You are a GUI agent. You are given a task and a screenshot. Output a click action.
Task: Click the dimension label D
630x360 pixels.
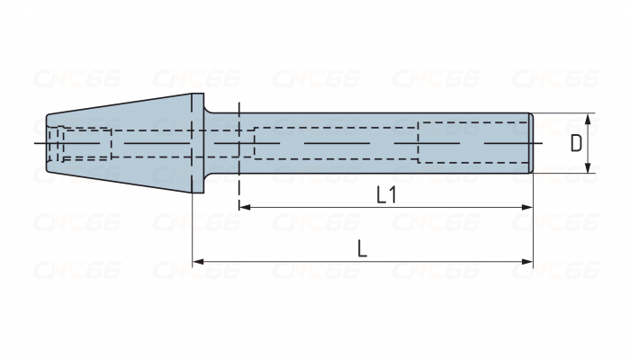[577, 143]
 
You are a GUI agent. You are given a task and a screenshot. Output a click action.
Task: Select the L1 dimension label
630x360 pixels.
[385, 195]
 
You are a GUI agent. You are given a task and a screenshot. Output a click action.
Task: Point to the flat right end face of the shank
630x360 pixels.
[533, 142]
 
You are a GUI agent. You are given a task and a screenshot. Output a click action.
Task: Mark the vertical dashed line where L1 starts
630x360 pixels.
[238, 180]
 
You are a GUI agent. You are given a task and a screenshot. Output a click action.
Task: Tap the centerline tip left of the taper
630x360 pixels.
[36, 143]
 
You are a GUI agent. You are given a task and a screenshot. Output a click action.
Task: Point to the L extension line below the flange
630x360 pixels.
[193, 229]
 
